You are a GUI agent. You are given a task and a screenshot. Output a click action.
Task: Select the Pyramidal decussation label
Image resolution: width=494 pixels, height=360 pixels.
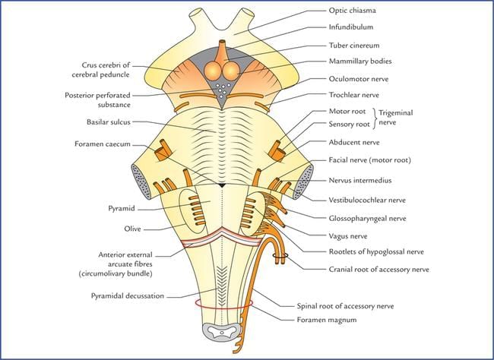131,296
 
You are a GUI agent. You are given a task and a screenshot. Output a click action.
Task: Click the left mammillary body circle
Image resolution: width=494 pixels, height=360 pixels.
214,70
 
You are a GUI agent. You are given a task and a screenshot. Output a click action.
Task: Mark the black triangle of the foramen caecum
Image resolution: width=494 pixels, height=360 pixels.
221,185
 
